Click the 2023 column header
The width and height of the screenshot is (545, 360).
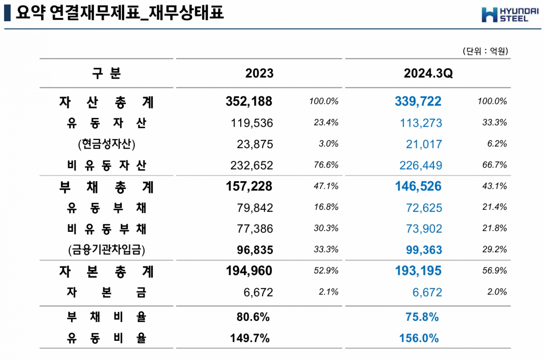point(259,73)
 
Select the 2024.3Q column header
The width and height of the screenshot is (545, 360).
point(428,73)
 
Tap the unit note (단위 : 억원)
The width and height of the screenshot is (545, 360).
point(486,51)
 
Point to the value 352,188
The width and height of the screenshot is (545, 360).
point(249,102)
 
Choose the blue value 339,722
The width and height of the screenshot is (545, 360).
point(418,102)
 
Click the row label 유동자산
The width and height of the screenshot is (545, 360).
point(106,123)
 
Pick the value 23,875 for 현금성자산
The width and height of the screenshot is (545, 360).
point(255,144)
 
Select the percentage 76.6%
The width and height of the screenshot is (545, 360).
point(326,165)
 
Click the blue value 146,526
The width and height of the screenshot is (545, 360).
point(418,186)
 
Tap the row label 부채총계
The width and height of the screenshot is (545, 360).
point(106,186)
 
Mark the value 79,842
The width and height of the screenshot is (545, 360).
point(255,208)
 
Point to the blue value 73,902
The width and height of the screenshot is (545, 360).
point(421,229)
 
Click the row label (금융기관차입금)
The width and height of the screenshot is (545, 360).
point(106,250)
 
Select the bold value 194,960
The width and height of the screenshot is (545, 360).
point(249,271)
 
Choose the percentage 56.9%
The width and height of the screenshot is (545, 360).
point(495,271)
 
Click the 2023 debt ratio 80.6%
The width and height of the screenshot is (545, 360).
point(253,317)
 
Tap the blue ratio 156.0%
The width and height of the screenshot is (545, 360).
point(419,338)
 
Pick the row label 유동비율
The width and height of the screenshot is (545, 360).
point(106,338)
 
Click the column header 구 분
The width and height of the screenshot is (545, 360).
point(106,73)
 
